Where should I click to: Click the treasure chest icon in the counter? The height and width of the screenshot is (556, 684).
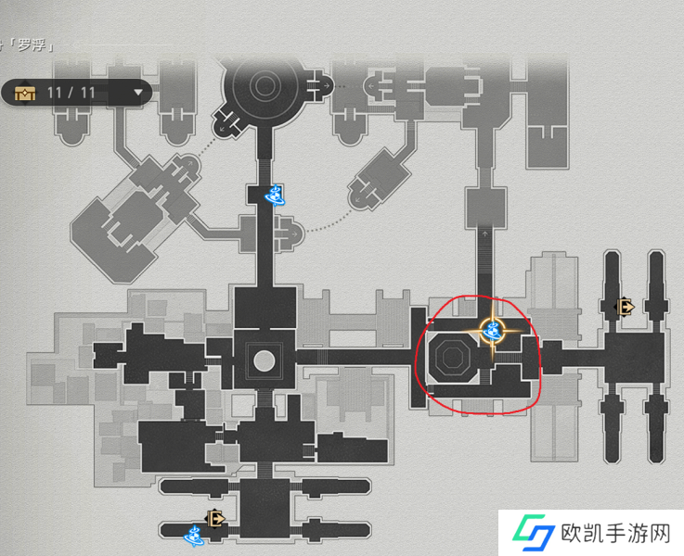pyautogui.click(x=25, y=93)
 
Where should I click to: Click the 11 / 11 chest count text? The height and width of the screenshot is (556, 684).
pyautogui.click(x=71, y=93)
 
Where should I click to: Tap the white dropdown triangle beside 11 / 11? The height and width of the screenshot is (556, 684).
pyautogui.click(x=138, y=93)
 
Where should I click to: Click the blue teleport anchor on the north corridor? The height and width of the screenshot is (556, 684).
pyautogui.click(x=275, y=195)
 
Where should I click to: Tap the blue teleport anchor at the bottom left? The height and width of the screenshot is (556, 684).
pyautogui.click(x=194, y=536)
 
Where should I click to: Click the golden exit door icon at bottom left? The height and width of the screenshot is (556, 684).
pyautogui.click(x=215, y=519)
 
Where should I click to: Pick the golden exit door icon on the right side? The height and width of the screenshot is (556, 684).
pyautogui.click(x=625, y=307)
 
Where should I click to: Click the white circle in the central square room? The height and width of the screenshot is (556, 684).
pyautogui.click(x=265, y=361)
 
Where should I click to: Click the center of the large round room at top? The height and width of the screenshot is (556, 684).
pyautogui.click(x=264, y=86)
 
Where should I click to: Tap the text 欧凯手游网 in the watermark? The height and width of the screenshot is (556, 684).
pyautogui.click(x=615, y=533)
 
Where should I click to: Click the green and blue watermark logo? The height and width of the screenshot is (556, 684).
pyautogui.click(x=534, y=533)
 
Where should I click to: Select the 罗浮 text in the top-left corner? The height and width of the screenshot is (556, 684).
pyautogui.click(x=32, y=44)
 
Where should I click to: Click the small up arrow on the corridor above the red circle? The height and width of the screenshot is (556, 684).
pyautogui.click(x=485, y=234)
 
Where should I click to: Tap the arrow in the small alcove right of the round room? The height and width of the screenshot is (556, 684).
pyautogui.click(x=327, y=86)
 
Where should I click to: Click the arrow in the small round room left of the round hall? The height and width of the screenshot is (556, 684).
pyautogui.click(x=223, y=128)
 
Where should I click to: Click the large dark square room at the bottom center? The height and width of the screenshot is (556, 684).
pyautogui.click(x=265, y=508)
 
